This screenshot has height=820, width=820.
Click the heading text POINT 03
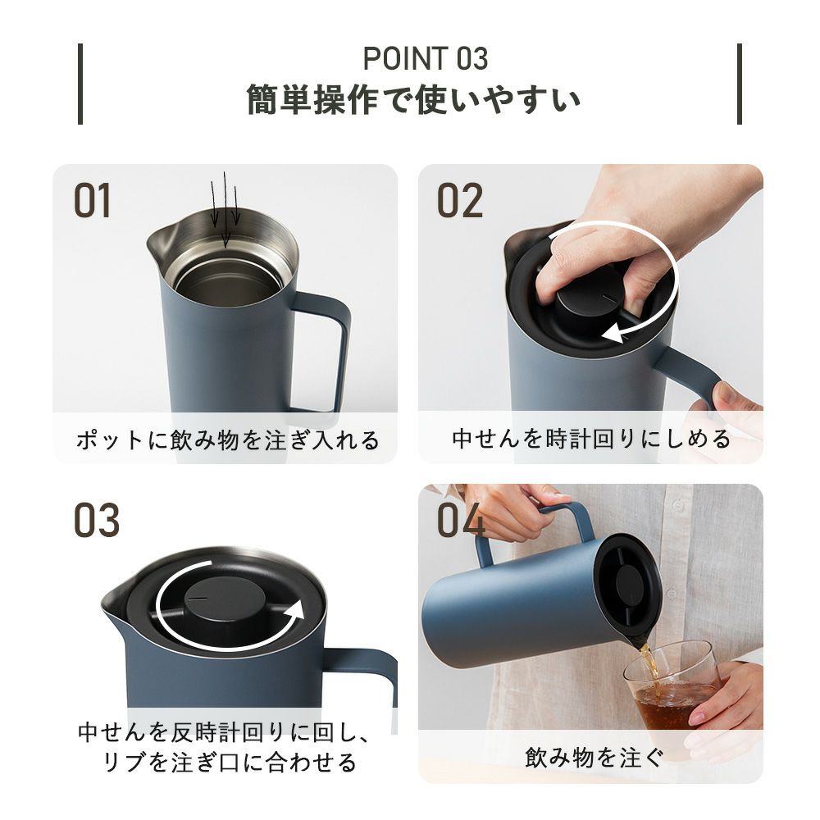(425, 58)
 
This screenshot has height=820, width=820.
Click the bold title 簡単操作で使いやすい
(413, 99)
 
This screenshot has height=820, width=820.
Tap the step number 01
(93, 201)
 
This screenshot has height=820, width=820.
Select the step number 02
(460, 201)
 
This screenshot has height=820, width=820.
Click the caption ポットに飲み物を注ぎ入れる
(227, 440)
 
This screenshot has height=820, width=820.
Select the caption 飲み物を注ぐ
(594, 757)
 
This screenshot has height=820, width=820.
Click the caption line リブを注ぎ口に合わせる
(230, 762)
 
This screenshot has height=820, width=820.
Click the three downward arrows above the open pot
(225, 209)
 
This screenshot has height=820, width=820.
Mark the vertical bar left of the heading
(80, 84)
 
